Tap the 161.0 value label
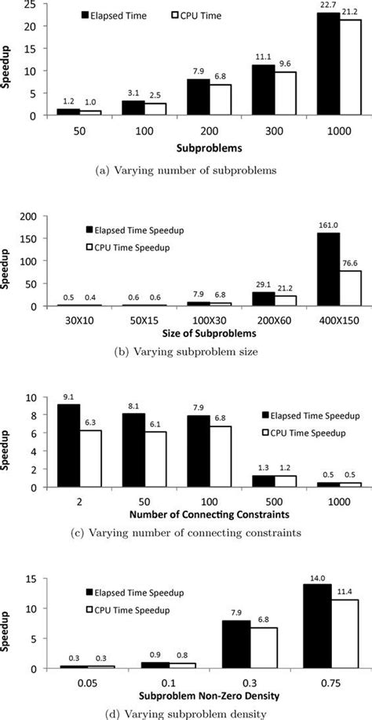[x=327, y=224]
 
